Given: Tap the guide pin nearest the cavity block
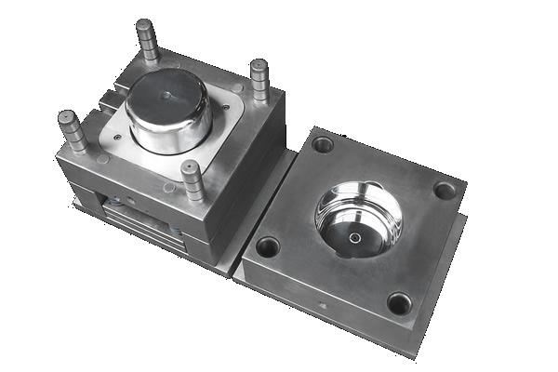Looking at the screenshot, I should pyautogui.click(x=259, y=80).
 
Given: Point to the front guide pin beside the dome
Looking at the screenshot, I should pyautogui.click(x=193, y=180).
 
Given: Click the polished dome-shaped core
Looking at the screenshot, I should pyautogui.click(x=168, y=109).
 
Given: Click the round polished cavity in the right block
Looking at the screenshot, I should pyautogui.click(x=358, y=218).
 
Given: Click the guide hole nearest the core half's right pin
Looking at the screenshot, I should pyautogui.click(x=323, y=144).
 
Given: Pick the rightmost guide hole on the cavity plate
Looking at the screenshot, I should pyautogui.click(x=445, y=191).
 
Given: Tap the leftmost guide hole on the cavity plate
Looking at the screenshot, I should pyautogui.click(x=268, y=246).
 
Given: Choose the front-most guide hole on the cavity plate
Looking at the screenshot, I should pyautogui.click(x=398, y=303).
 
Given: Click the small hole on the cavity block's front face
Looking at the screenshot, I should pyautogui.click(x=323, y=304).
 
